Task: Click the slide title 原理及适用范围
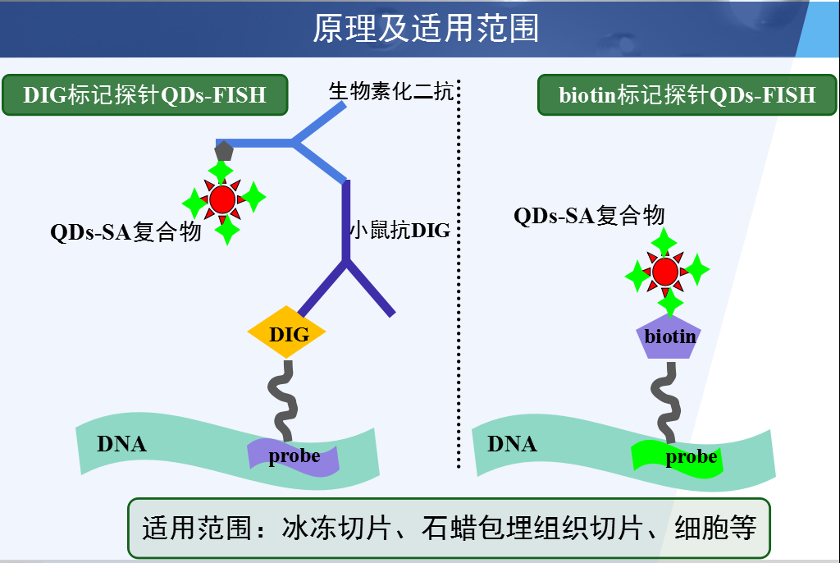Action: pos(426,28)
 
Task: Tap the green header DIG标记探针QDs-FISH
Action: pos(145,95)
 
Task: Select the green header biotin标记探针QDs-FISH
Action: pos(687,95)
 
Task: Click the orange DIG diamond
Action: pos(286,332)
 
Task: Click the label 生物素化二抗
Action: pos(391,91)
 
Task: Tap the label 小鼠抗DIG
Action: pos(400,230)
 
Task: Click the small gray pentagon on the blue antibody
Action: pos(224,151)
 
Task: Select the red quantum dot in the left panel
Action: pos(222,199)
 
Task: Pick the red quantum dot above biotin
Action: pos(665,272)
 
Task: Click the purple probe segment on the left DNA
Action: pos(293,457)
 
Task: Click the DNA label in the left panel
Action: pos(121,444)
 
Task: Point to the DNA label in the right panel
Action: pos(512,444)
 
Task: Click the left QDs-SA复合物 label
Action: pos(126,232)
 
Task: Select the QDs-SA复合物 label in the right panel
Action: pos(589,216)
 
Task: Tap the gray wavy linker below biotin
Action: pos(666,402)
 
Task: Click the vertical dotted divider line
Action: pos(459,273)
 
